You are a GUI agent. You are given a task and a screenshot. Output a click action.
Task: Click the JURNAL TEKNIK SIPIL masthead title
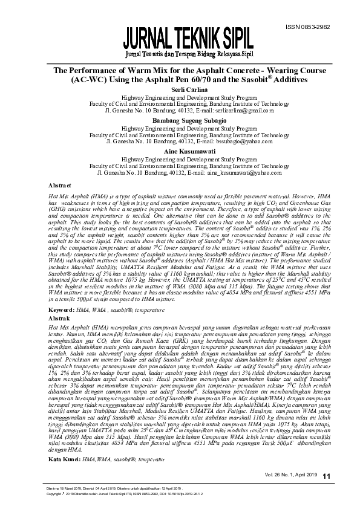(188, 40)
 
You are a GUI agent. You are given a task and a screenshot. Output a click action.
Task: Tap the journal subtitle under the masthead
(188, 56)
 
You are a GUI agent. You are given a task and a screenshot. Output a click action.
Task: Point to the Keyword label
(61, 309)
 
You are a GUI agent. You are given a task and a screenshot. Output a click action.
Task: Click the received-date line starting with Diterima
(109, 488)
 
